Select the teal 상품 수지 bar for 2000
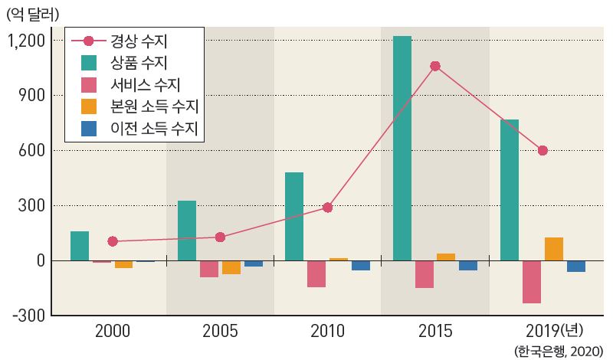point(80,246)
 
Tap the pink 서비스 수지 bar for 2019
point(532,282)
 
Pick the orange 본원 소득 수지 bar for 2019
point(554,249)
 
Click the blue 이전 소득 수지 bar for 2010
point(360,266)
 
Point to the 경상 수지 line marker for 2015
point(435,67)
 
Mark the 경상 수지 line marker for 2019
point(543,150)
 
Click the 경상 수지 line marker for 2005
point(220,237)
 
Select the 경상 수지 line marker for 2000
point(113,241)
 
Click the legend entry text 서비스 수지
point(146,84)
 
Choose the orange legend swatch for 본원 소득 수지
point(90,106)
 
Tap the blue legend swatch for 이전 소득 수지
point(90,128)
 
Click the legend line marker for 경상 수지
point(88,41)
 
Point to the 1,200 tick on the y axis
point(27,40)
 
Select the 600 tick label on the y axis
point(31,150)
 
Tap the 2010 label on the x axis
point(327,332)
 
